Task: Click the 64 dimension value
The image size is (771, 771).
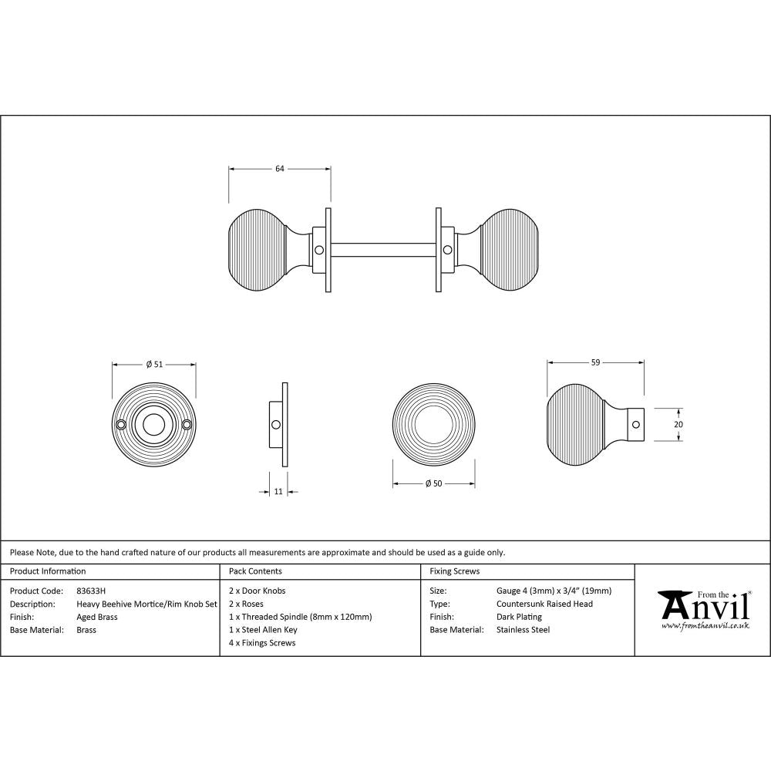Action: point(280,168)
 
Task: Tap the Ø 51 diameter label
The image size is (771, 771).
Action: point(154,365)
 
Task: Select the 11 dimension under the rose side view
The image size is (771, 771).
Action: point(278,491)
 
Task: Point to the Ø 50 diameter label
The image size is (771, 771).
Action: point(433,483)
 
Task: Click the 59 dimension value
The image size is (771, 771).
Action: point(595,362)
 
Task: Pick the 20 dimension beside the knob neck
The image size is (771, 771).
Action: point(678,424)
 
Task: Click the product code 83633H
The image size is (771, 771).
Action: point(91,591)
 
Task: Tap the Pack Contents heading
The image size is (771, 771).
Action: point(255,571)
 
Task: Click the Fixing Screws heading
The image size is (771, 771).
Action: point(454,571)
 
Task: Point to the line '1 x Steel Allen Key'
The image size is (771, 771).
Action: point(263,630)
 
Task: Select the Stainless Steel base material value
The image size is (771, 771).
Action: point(524,630)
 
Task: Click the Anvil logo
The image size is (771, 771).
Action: point(703,606)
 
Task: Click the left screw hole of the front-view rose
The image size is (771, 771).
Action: point(121,424)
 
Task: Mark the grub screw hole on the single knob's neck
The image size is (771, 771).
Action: point(635,423)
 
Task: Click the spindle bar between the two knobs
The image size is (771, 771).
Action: point(383,250)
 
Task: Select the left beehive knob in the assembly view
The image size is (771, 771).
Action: point(258,250)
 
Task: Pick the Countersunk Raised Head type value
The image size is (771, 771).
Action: point(544,604)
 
